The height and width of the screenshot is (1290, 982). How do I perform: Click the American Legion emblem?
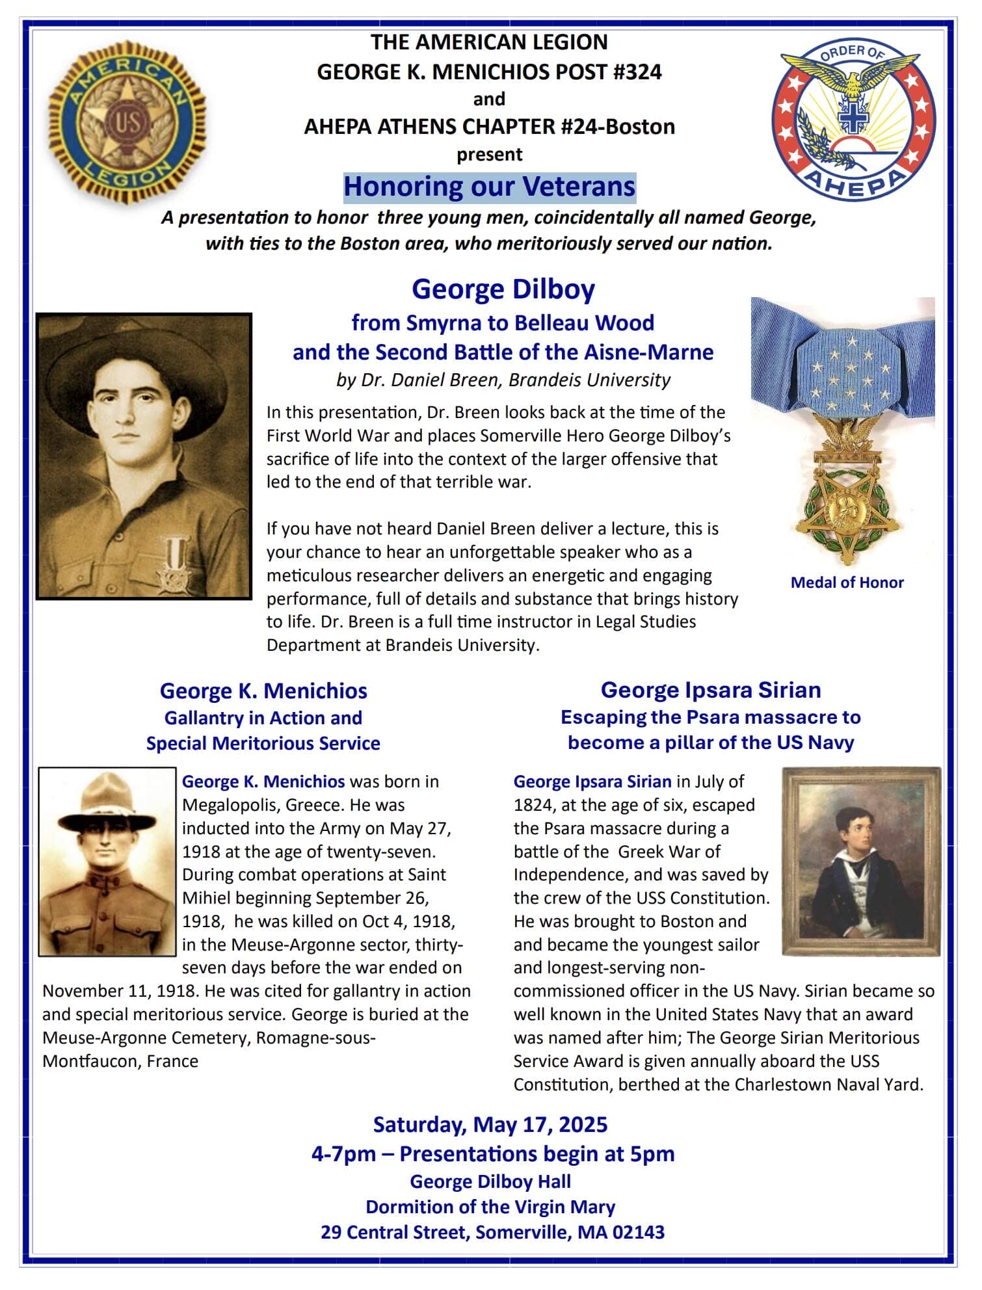click(127, 122)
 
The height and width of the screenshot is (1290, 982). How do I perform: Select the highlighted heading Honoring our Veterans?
click(489, 187)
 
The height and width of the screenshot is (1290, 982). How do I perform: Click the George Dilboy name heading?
click(503, 289)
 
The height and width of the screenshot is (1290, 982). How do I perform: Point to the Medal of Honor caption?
click(847, 583)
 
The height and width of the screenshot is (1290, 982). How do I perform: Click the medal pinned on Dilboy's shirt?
click(174, 564)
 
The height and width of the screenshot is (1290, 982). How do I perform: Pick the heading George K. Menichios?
click(263, 691)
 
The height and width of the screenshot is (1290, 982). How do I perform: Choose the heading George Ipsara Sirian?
click(710, 690)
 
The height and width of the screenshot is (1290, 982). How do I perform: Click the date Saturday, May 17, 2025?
click(490, 1124)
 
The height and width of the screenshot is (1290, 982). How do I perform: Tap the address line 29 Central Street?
click(492, 1232)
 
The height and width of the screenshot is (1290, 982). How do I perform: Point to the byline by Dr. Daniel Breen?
click(503, 380)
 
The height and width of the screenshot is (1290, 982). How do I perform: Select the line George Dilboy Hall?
click(490, 1181)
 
